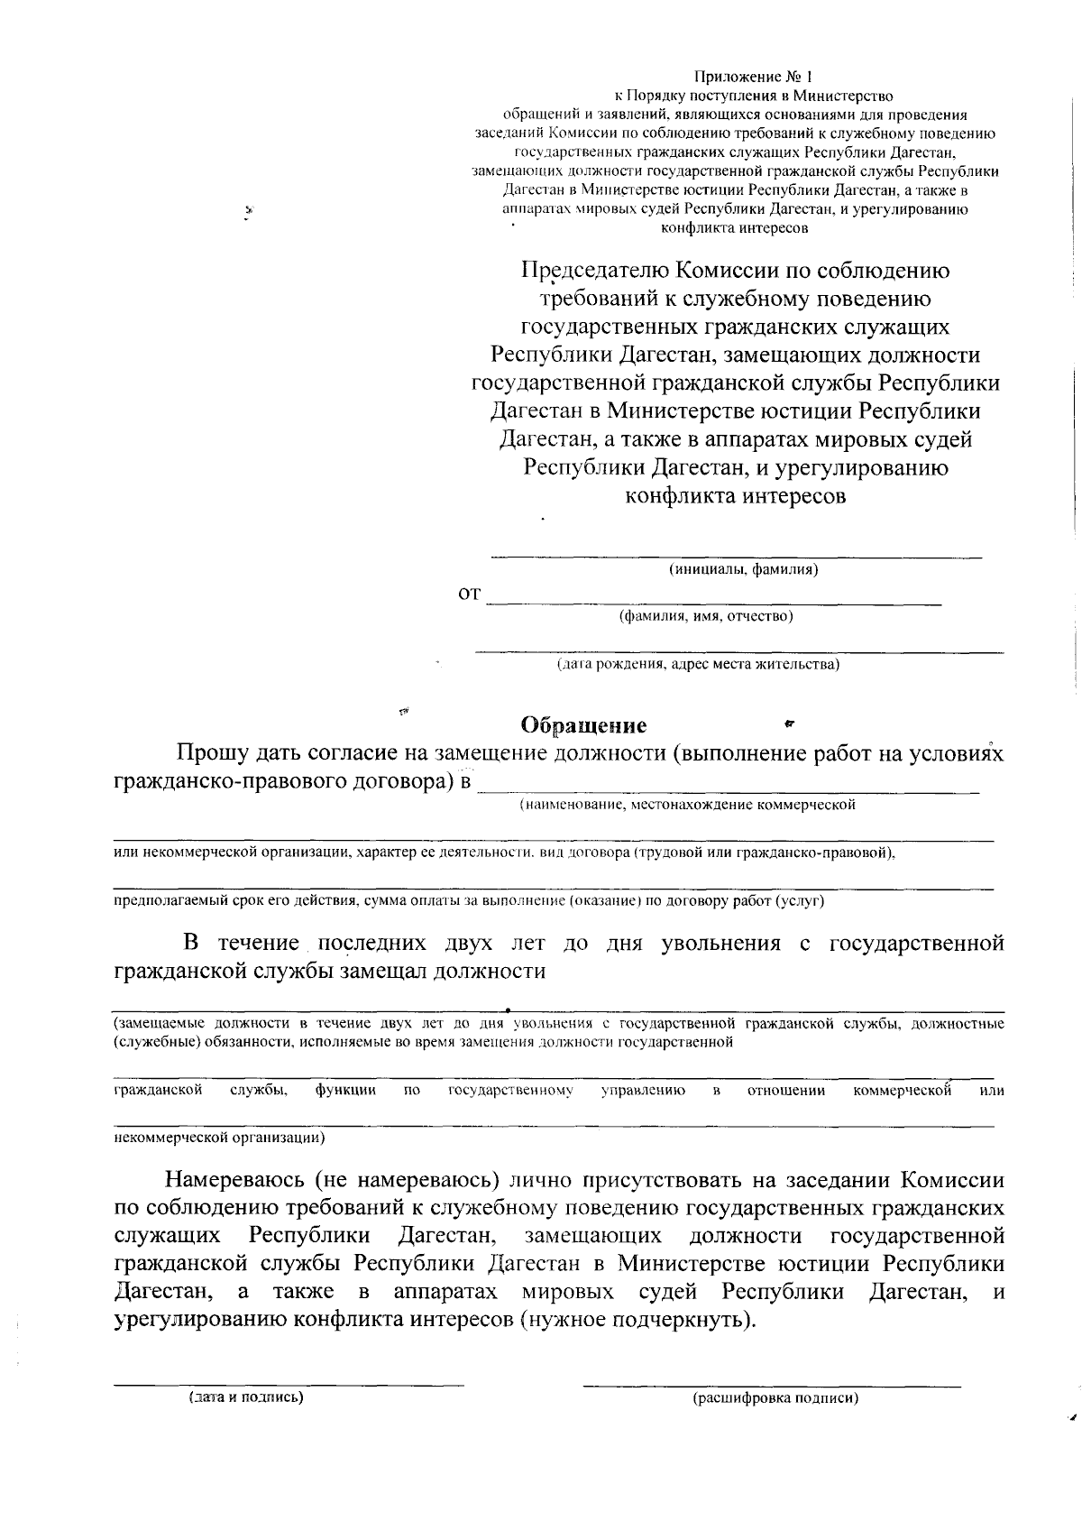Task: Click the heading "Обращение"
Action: click(584, 725)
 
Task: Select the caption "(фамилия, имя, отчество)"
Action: click(705, 616)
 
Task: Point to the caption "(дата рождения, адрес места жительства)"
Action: click(698, 665)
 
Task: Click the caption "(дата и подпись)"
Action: click(245, 1397)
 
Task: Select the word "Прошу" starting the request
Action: click(212, 753)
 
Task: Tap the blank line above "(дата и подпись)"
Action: click(289, 1383)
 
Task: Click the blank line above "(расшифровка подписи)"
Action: click(772, 1384)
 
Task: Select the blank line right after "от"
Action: click(713, 602)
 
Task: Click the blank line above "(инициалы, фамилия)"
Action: click(736, 556)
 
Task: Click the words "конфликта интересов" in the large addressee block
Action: click(736, 495)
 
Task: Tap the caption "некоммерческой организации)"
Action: click(219, 1138)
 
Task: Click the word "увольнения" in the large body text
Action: click(720, 944)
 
